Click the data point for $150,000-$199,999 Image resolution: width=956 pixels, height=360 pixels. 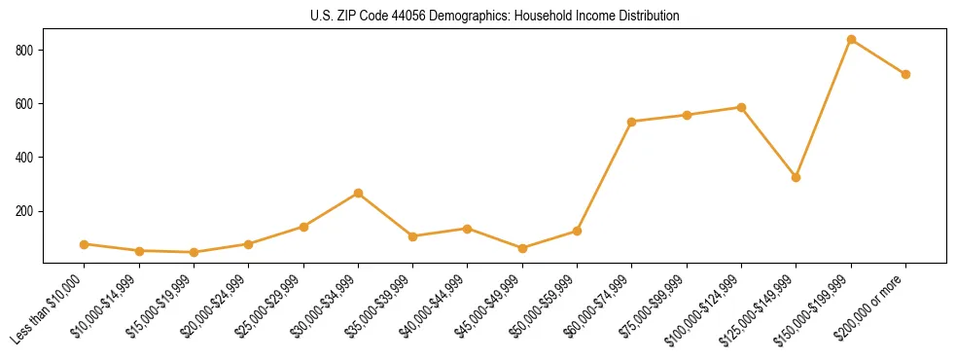(851, 40)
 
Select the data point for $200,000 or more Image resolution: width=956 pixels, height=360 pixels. (905, 74)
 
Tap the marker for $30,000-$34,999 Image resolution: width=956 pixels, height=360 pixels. (358, 194)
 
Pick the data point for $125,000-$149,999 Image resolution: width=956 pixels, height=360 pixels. (796, 177)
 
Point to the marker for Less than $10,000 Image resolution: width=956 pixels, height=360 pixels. (85, 244)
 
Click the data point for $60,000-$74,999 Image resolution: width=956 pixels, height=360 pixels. (632, 122)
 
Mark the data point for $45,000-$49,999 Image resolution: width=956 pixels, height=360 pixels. (522, 248)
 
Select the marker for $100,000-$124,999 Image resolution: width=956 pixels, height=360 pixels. (741, 107)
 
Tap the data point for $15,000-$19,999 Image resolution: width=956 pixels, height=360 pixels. (194, 252)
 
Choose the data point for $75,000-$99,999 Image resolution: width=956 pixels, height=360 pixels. (687, 115)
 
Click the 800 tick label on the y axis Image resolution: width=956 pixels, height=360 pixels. (26, 50)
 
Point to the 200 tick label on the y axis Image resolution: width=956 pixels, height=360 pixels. (26, 211)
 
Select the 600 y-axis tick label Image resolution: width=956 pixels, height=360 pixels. (26, 103)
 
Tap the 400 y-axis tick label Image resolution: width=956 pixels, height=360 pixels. (26, 158)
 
